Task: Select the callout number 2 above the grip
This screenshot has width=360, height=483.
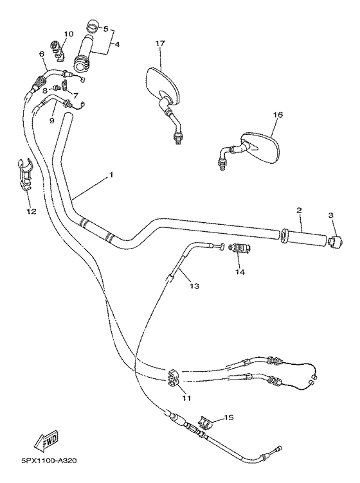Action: click(299, 211)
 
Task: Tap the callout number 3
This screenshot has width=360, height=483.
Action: click(332, 216)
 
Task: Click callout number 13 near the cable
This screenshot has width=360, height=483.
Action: click(195, 286)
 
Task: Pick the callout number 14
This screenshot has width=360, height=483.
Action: click(240, 272)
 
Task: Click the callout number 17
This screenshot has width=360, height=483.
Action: click(160, 43)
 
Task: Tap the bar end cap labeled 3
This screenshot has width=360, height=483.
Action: click(334, 242)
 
